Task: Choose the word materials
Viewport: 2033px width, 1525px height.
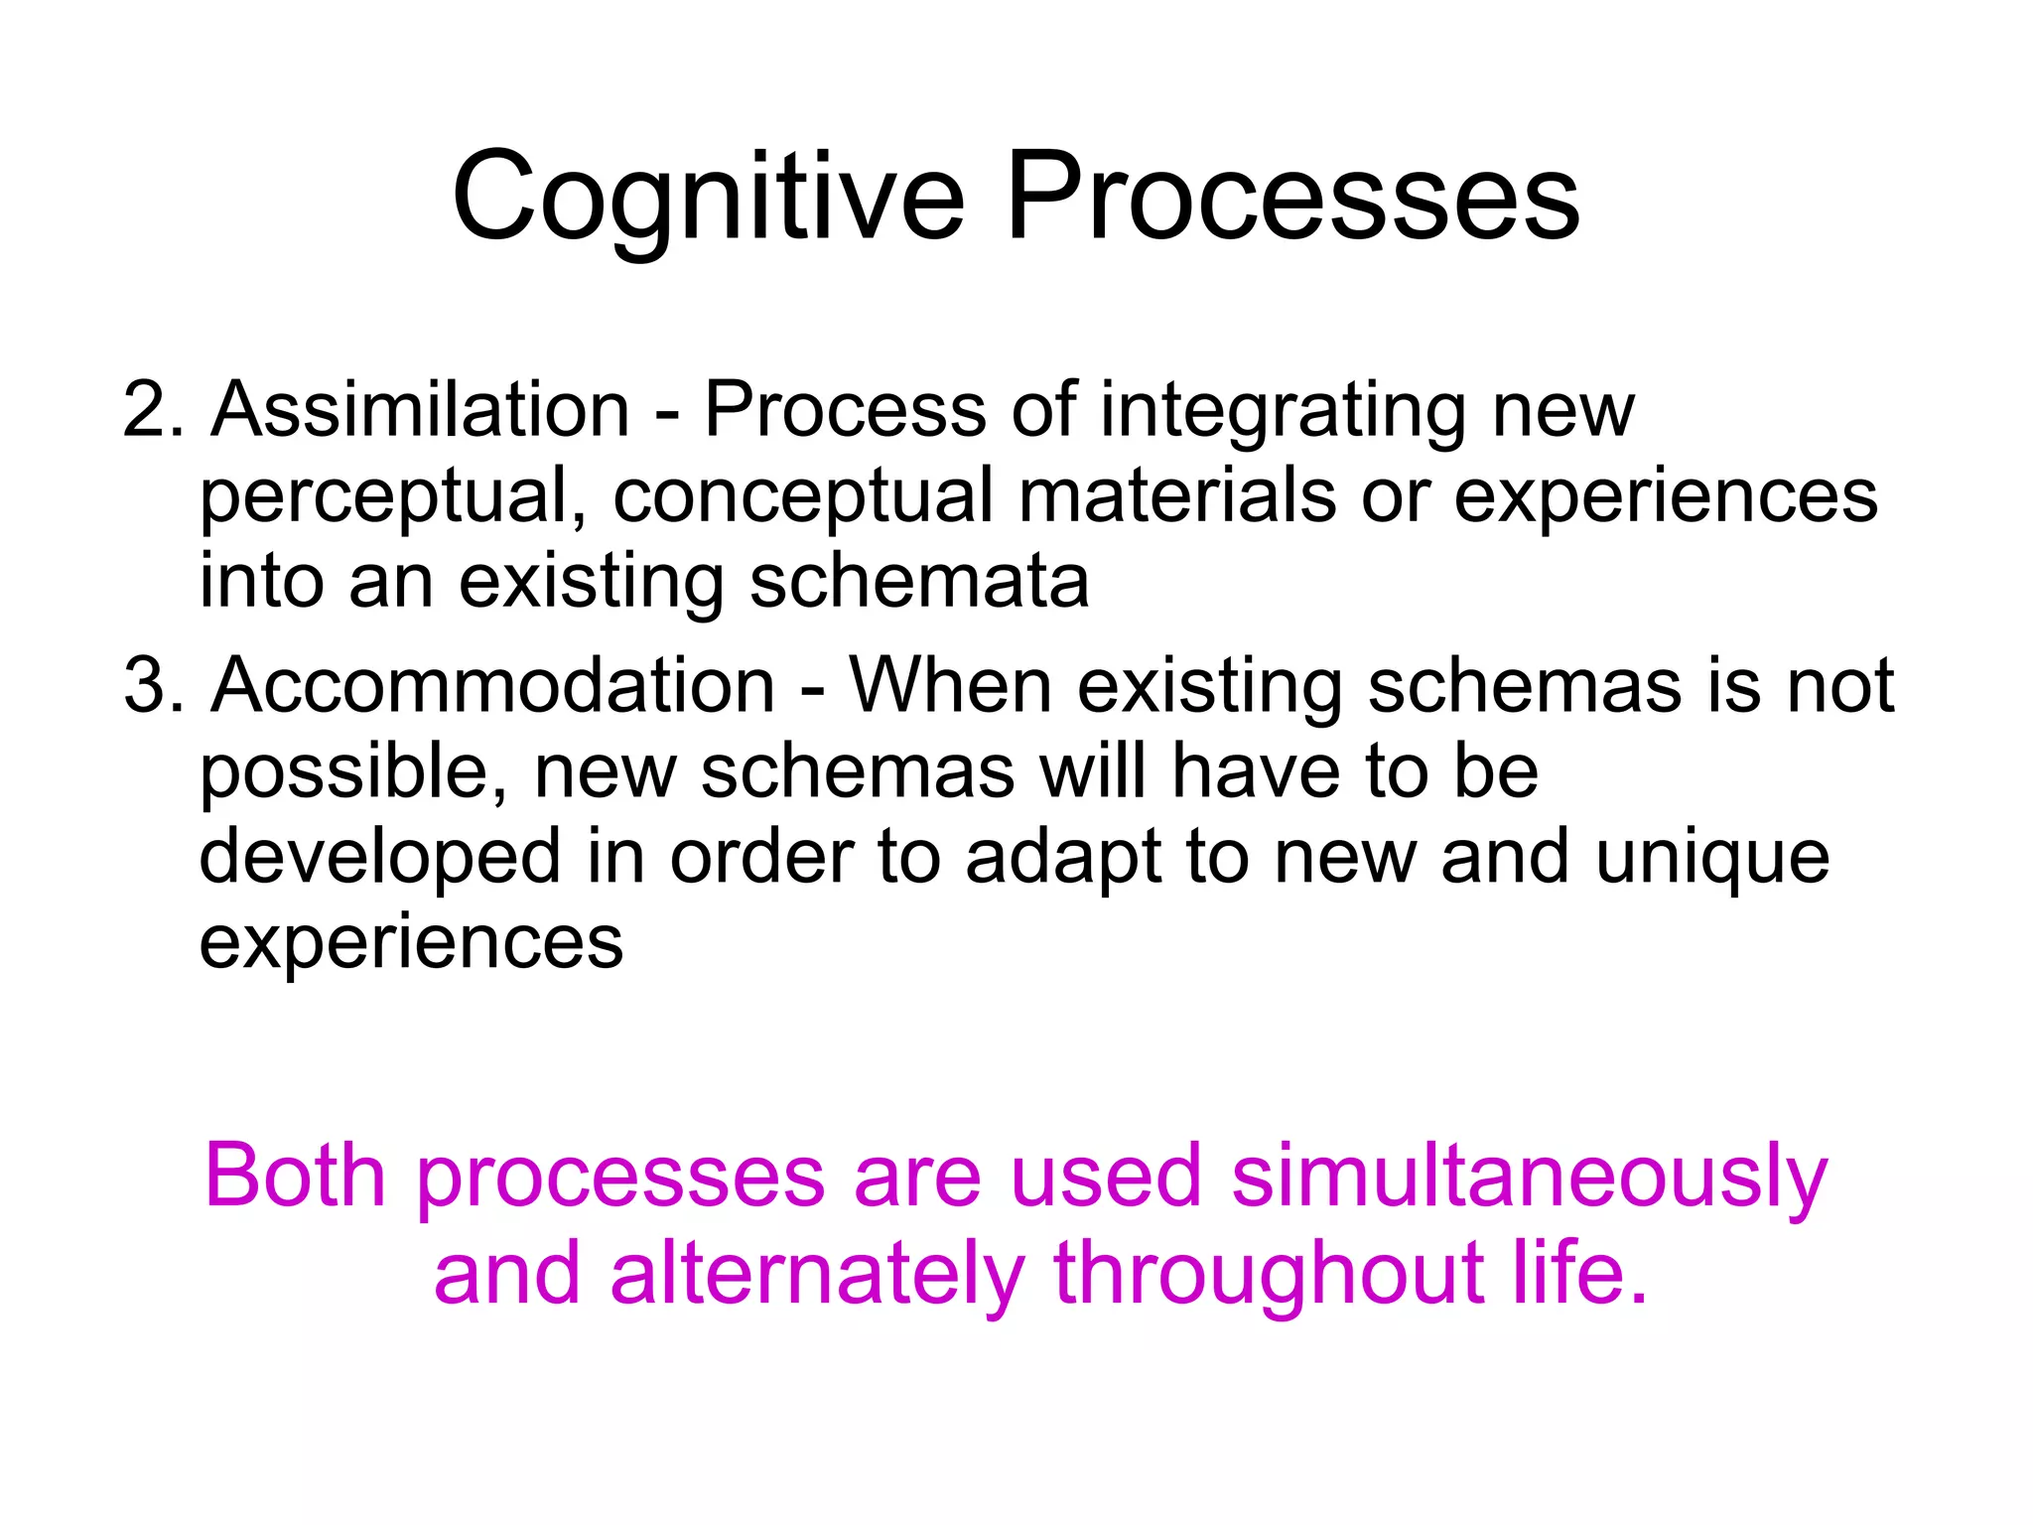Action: (1176, 495)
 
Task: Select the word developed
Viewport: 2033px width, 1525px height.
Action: (380, 860)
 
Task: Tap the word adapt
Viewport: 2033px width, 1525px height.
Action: (1063, 860)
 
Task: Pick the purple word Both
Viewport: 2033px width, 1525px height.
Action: (295, 1176)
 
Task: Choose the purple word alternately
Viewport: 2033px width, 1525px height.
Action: (817, 1275)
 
